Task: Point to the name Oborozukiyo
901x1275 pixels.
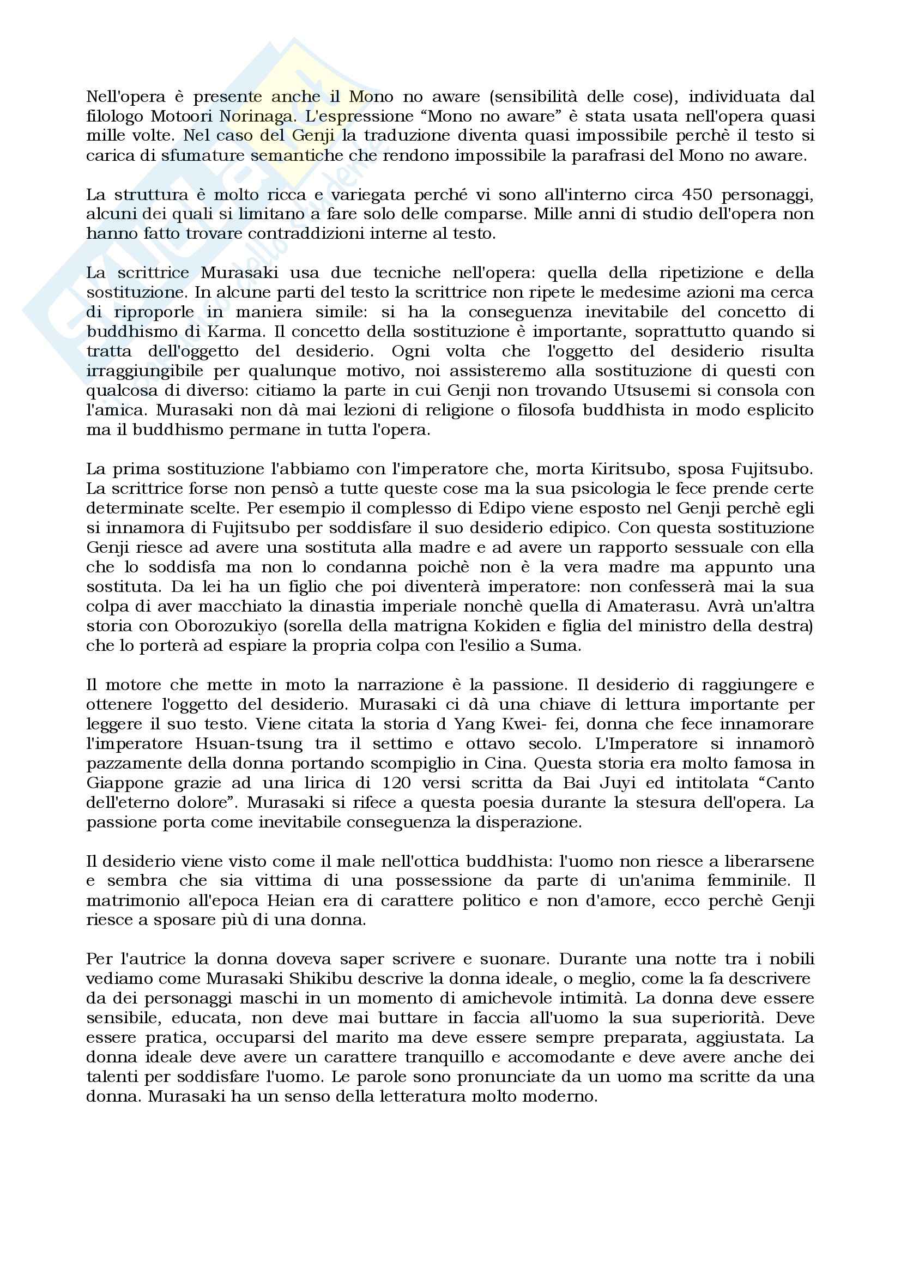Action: (219, 627)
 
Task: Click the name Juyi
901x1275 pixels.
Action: (614, 783)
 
